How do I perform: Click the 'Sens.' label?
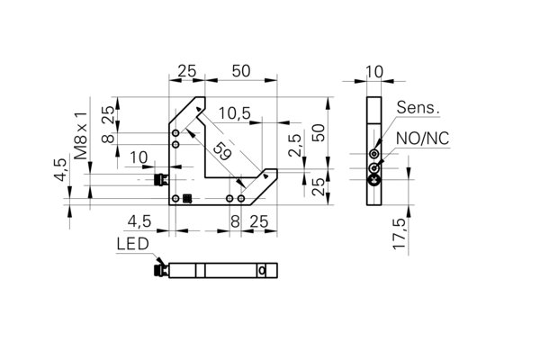(418, 107)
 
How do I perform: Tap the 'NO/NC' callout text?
(423, 139)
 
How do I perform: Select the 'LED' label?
(132, 244)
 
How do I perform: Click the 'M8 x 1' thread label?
(81, 135)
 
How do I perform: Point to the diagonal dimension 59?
(221, 151)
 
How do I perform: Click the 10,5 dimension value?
(235, 113)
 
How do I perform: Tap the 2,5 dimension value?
(295, 146)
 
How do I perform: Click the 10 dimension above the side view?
(374, 72)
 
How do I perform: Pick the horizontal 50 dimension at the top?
(241, 71)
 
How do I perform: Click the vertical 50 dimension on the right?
(319, 132)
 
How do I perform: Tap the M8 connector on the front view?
(161, 179)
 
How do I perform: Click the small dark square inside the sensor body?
(187, 198)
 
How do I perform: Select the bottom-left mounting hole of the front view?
(175, 198)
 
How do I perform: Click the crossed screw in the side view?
(374, 179)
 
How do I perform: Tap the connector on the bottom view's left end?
(161, 270)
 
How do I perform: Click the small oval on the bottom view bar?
(262, 271)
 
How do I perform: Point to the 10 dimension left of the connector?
(139, 157)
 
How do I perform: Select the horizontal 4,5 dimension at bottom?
(139, 221)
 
